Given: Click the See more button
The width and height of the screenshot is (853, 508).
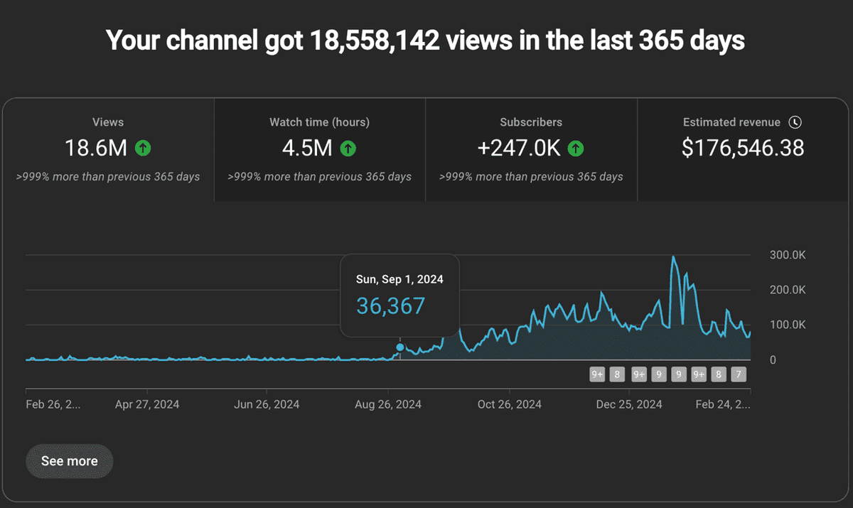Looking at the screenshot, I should [69, 461].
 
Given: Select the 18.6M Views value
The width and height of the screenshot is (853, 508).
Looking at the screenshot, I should [96, 148].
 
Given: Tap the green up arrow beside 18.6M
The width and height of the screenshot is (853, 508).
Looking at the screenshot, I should [144, 148].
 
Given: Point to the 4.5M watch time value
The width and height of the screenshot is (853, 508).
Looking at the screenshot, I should [308, 148].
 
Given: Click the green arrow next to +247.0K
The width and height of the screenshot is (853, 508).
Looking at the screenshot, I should [576, 148].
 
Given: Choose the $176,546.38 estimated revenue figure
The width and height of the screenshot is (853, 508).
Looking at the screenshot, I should [743, 148].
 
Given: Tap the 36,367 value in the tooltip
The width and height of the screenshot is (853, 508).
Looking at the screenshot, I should [390, 306].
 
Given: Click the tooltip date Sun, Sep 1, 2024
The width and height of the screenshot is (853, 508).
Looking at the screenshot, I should [399, 279].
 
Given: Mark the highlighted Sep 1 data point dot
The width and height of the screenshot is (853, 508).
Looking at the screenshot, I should [400, 347].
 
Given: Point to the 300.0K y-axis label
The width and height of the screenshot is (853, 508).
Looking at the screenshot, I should [788, 255].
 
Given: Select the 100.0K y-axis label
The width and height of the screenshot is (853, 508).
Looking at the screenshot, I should [788, 325].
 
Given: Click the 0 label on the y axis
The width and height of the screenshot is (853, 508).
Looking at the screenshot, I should [773, 360].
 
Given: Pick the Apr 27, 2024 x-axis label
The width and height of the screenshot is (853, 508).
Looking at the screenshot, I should [147, 404].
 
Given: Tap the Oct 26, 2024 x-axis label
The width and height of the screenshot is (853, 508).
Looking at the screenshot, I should [509, 404].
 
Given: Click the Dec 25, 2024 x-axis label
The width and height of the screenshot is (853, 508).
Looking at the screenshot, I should [629, 404].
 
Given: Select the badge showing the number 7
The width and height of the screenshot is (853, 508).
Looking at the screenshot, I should [739, 374].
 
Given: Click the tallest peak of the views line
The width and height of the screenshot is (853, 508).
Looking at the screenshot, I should [673, 256].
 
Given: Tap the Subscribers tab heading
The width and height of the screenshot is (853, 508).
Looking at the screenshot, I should [531, 122].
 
